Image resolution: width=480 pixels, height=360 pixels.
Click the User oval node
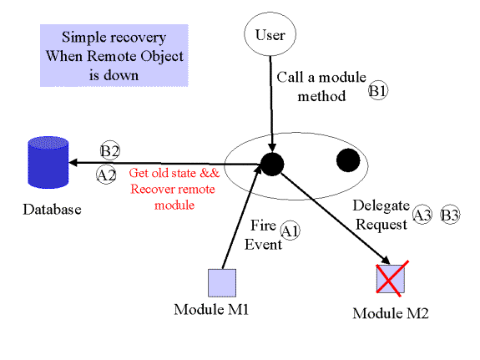(x=270, y=34)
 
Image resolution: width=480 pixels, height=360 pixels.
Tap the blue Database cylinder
(x=48, y=162)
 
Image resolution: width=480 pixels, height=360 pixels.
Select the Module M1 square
(x=222, y=283)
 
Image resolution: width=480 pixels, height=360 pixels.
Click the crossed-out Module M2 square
(x=391, y=279)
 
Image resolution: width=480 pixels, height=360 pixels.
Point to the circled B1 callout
(x=378, y=91)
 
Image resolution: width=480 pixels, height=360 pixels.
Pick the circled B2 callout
(x=110, y=150)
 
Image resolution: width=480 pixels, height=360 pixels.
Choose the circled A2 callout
(x=106, y=175)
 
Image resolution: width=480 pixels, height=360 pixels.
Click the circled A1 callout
(x=290, y=231)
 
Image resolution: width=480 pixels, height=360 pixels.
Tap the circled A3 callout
(x=422, y=215)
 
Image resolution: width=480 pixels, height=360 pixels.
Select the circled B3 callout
(x=450, y=215)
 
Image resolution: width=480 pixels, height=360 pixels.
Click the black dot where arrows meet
(x=272, y=165)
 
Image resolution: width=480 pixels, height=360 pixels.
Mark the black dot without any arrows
(x=348, y=160)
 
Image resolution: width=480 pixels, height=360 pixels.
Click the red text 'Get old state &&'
(x=174, y=173)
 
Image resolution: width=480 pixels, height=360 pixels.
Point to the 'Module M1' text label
(x=211, y=309)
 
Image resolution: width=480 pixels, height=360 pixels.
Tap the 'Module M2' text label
(x=391, y=313)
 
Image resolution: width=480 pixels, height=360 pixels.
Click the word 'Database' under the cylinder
(x=52, y=210)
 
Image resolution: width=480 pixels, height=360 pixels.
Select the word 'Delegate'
(x=381, y=205)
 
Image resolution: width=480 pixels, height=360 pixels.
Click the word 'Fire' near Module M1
(x=263, y=226)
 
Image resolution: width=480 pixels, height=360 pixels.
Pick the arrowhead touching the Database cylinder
(x=73, y=162)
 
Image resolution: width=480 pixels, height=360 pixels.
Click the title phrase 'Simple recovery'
(x=114, y=38)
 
